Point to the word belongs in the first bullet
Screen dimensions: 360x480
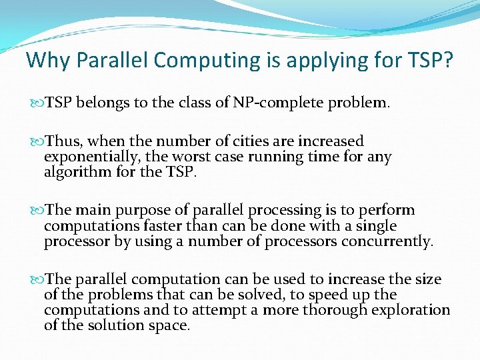click(100, 103)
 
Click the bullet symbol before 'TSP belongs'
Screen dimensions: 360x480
click(35, 103)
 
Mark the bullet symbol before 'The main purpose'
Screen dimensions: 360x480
click(35, 211)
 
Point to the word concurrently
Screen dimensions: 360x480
click(387, 242)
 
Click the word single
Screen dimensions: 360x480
click(375, 227)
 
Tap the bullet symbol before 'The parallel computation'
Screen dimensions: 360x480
click(35, 279)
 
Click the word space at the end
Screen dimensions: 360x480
click(172, 326)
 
